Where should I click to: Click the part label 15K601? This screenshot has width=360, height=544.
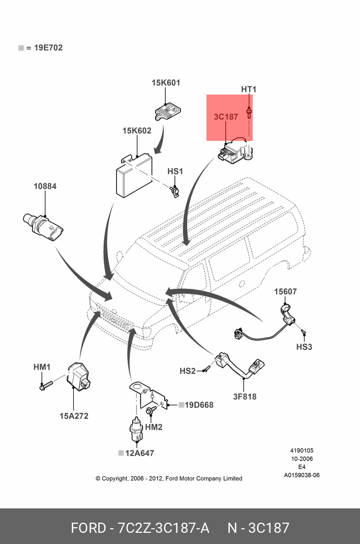coord(166,82)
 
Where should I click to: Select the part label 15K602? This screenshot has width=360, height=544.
coord(137,131)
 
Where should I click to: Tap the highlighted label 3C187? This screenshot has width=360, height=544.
coord(226,116)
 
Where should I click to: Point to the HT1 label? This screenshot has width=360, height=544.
coord(249,89)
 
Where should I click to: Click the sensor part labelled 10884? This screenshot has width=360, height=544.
coord(43,226)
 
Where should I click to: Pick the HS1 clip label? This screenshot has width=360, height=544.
coord(175,171)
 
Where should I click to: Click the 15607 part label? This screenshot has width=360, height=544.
coord(285,291)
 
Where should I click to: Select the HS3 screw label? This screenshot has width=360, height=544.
coord(304,347)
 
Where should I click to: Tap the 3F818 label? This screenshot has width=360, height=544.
coord(245,397)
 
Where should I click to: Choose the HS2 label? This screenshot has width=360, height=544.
coord(188,371)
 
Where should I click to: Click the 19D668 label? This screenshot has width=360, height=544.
coord(199,405)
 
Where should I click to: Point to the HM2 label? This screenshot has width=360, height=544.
coord(154,427)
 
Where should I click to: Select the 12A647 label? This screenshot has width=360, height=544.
coord(139,453)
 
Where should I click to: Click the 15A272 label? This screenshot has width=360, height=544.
coord(74,416)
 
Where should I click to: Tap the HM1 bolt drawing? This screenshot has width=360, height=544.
coord(46,385)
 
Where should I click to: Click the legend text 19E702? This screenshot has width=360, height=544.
coord(48,47)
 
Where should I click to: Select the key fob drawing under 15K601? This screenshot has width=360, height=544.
coord(167,111)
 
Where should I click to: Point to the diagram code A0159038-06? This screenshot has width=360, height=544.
coord(302,475)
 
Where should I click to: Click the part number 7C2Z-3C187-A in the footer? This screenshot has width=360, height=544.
coord(163,528)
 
